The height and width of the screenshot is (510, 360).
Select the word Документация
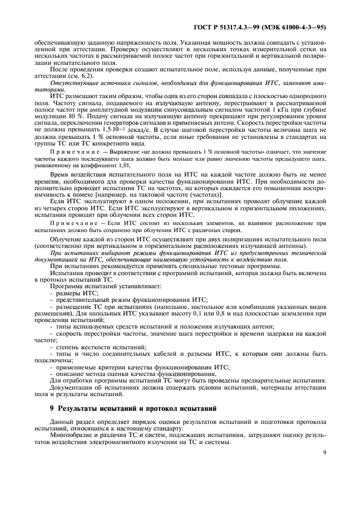[73, 387]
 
